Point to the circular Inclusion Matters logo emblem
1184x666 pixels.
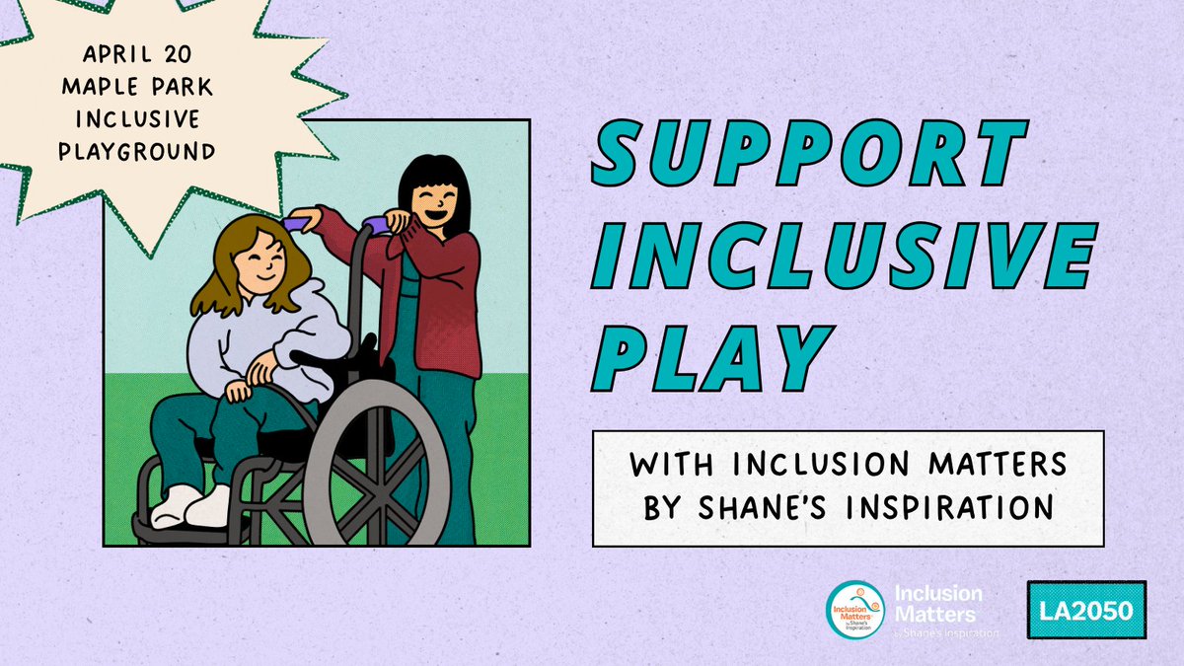coord(855,611)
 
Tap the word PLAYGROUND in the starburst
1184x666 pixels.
coord(147,151)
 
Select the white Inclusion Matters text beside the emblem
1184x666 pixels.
coord(937,604)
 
